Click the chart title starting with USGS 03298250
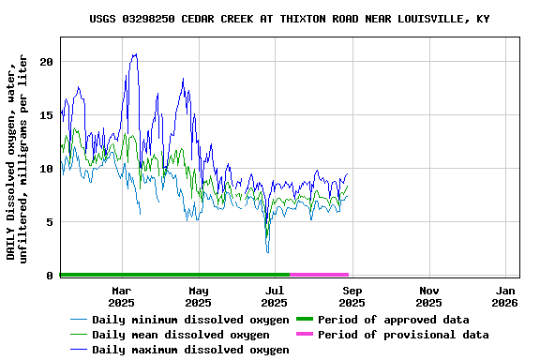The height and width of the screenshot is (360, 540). click(x=290, y=19)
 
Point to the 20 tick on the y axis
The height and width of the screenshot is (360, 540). click(x=48, y=62)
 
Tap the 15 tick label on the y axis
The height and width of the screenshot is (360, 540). click(x=48, y=115)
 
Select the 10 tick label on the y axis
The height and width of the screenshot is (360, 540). click(x=48, y=169)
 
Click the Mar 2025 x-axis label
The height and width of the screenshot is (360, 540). click(x=121, y=296)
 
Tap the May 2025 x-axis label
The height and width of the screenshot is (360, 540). click(x=198, y=296)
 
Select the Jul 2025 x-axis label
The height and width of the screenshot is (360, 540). click(x=275, y=296)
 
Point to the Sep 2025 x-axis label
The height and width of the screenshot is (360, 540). click(x=352, y=296)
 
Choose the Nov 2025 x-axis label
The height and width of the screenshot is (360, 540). click(x=428, y=296)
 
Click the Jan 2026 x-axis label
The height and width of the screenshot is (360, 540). click(x=504, y=296)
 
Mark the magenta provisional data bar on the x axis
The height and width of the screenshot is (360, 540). click(x=320, y=275)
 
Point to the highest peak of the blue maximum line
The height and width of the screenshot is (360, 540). click(x=135, y=53)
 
